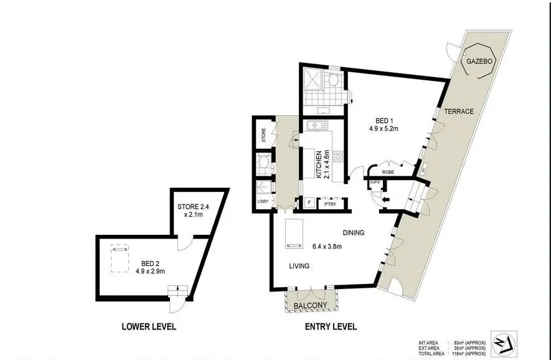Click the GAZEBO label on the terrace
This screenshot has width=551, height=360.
pos(480,62)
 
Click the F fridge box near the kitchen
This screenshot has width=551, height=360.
pos(308,202)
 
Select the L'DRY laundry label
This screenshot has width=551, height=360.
pos(262,202)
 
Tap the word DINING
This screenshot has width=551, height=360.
pos(352,233)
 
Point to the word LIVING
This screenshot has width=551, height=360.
pos(298,266)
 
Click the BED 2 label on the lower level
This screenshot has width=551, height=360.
pos(149,267)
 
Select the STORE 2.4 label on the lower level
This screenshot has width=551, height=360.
pos(197,207)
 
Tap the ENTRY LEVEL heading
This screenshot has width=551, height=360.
pos(330,326)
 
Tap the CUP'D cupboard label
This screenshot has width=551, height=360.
pos(375,182)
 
